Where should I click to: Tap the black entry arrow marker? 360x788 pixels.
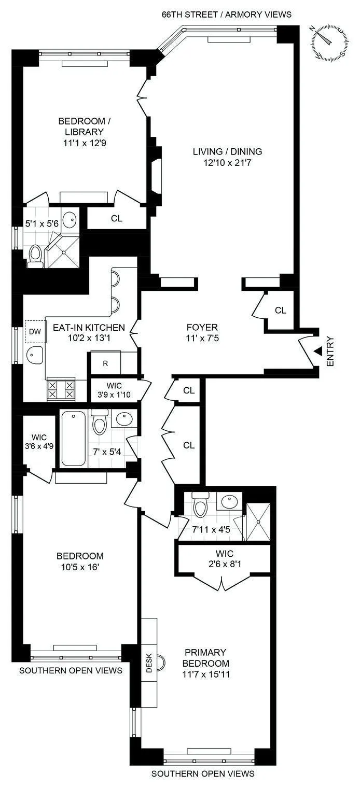point(317,351)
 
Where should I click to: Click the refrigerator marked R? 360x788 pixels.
point(105,363)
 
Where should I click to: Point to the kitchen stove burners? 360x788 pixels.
point(61,389)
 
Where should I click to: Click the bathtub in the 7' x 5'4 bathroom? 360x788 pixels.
point(74,439)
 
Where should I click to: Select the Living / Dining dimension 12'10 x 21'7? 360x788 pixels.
point(227,163)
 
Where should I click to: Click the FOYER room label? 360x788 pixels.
point(202,328)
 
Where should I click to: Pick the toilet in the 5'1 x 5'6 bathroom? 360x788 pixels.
point(35,256)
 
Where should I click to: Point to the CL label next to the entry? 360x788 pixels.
point(280,311)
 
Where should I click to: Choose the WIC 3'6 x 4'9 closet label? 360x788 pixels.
point(35,440)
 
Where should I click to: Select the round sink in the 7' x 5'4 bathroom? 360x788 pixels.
point(123,419)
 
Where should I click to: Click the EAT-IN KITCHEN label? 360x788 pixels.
point(89,328)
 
